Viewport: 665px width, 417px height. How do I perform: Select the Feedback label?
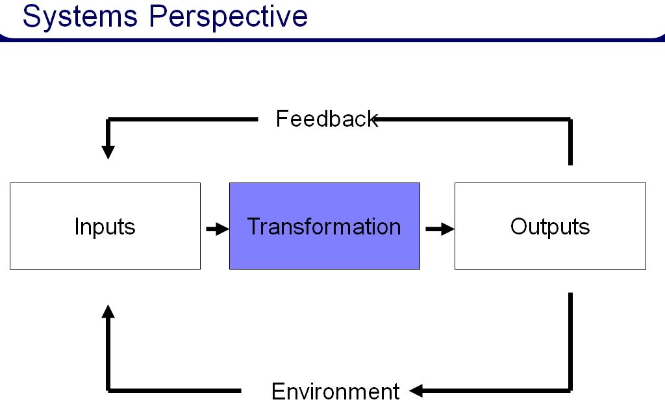pos(326,119)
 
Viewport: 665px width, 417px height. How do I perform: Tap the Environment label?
pos(335,392)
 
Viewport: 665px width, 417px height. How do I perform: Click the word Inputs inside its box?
pos(105,227)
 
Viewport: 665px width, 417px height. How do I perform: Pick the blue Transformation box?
pos(324,226)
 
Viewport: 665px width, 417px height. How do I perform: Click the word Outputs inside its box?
pos(550,227)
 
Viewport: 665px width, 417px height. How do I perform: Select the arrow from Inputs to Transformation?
pos(216,229)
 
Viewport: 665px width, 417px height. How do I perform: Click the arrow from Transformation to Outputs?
pos(439,229)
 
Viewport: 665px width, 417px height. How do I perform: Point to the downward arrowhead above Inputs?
pos(108,152)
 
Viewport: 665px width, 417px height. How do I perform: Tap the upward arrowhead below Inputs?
pos(108,311)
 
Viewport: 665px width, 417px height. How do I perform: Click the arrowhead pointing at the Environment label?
pos(416,391)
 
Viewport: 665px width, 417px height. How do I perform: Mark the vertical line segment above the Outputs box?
pos(571,143)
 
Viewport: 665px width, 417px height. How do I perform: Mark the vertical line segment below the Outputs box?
pos(571,338)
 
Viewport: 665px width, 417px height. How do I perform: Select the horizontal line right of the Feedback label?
pos(474,119)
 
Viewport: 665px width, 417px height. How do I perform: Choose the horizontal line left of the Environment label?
pos(175,391)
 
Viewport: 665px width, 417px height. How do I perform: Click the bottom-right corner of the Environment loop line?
pos(571,391)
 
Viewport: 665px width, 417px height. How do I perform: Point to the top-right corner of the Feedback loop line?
pos(570,120)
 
